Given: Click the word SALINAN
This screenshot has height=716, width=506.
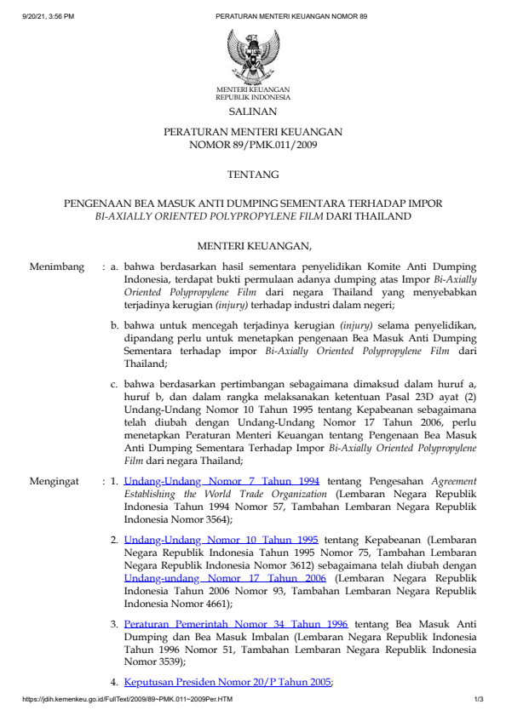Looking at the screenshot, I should click(x=253, y=112).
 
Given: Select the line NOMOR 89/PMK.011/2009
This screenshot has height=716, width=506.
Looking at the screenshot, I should click(x=253, y=146).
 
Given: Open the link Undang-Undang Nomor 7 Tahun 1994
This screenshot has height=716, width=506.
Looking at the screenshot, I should click(x=221, y=481).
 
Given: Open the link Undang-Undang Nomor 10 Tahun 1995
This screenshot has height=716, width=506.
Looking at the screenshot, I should click(x=221, y=539).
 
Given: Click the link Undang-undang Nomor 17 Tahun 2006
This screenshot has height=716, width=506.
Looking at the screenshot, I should click(x=221, y=577).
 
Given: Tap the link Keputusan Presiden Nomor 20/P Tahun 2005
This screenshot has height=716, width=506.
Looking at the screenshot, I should click(x=227, y=682).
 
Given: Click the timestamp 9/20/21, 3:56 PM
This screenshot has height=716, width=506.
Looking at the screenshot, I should click(x=49, y=16).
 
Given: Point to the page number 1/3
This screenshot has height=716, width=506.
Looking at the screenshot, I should click(x=479, y=700).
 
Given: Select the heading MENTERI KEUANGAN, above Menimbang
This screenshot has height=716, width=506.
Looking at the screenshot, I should click(x=253, y=247).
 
